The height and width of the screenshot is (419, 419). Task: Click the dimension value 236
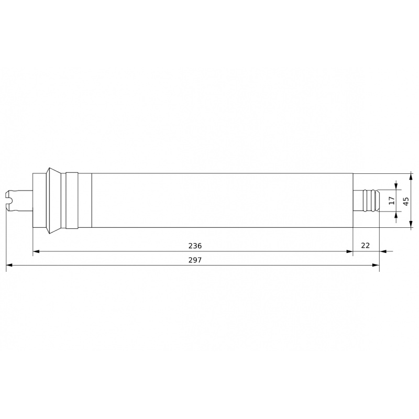(x=195, y=246)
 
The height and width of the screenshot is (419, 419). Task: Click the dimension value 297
(x=195, y=259)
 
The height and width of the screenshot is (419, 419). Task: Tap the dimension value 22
(x=366, y=246)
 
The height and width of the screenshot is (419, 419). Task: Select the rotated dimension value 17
(x=391, y=200)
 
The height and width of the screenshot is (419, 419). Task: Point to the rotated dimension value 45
(x=405, y=200)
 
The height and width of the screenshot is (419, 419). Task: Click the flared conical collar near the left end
(x=54, y=200)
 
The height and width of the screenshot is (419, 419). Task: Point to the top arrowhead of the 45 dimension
(x=411, y=176)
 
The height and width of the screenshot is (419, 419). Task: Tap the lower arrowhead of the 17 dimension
(x=396, y=215)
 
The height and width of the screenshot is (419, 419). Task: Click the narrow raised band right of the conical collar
(x=72, y=200)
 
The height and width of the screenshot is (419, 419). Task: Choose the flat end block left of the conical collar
(x=39, y=200)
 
